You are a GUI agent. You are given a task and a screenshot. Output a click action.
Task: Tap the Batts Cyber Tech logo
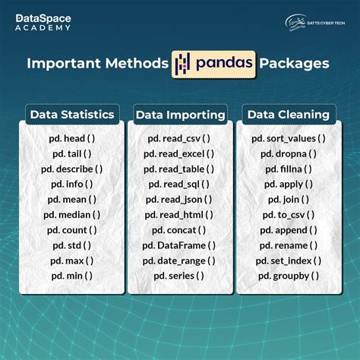(317, 22)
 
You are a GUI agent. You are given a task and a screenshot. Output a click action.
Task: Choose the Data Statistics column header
(72, 115)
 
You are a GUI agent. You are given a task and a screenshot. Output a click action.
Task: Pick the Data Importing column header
(180, 115)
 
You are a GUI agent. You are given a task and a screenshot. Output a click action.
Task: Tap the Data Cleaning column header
(287, 115)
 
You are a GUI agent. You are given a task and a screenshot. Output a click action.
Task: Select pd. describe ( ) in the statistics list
(73, 169)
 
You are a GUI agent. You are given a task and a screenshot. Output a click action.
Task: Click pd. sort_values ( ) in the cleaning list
(288, 138)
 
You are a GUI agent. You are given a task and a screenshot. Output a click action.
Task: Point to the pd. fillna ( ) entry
(288, 169)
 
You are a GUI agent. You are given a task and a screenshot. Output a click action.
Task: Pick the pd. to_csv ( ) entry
(288, 214)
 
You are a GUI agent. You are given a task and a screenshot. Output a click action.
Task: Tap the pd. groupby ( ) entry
(288, 275)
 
